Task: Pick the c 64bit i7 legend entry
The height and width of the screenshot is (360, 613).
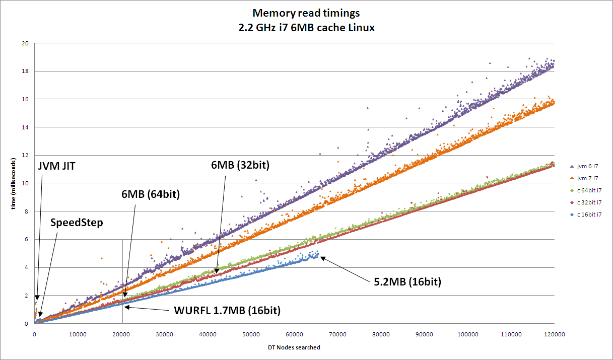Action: pos(590,190)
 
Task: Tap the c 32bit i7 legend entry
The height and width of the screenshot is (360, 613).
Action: pos(590,202)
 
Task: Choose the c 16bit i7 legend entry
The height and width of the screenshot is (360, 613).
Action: pos(590,214)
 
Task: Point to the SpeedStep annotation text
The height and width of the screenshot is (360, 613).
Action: pos(77,222)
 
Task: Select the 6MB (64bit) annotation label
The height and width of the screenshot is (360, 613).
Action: pos(151,193)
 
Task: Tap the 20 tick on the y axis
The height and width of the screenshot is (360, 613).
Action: pos(25,43)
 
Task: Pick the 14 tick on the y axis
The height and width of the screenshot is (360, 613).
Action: pos(25,127)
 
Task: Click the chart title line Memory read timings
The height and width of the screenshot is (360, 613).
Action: pos(306,13)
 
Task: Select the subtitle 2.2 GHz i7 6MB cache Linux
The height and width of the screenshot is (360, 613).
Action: pos(306,28)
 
